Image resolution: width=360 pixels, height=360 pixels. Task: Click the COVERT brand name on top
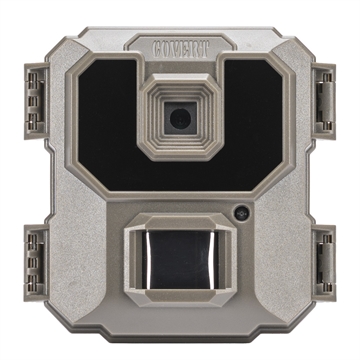point(180,46)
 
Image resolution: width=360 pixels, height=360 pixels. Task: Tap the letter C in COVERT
point(158,46)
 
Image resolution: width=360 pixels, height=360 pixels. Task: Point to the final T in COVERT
point(203,46)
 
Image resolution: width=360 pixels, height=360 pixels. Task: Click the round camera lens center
point(180,118)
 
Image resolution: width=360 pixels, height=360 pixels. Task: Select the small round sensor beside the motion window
point(241,214)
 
